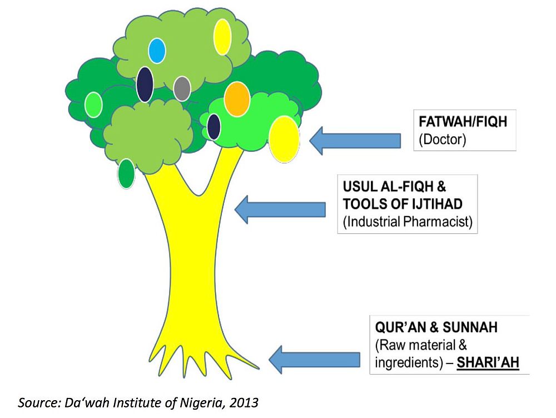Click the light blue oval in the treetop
tap(157, 51)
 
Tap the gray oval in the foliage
tap(182, 88)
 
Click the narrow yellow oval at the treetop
tap(222, 37)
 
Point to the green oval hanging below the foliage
tap(126, 173)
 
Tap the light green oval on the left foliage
tap(93, 105)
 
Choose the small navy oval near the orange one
tap(214, 126)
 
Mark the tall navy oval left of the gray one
tap(145, 85)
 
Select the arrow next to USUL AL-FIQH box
tap(280, 209)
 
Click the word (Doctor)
tap(442, 139)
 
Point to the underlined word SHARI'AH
tap(488, 362)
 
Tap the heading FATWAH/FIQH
tap(463, 121)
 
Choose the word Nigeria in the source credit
tap(192, 401)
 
